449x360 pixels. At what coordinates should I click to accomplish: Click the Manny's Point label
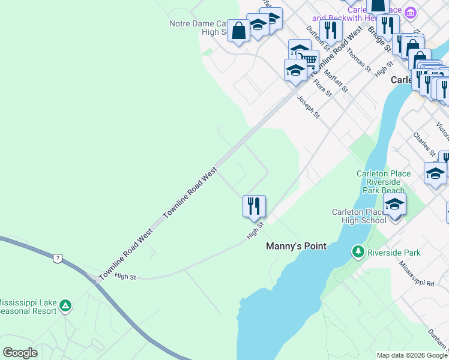(x=296, y=246)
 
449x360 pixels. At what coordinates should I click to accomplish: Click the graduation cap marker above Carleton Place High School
(x=394, y=205)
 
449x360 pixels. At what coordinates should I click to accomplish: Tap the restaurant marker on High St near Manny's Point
(x=254, y=206)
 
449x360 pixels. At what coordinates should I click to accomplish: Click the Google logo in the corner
(x=20, y=353)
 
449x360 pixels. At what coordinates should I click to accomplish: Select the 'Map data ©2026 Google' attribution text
(x=412, y=355)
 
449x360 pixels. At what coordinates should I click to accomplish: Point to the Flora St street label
(x=322, y=87)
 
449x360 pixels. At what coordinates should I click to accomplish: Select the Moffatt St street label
(x=336, y=79)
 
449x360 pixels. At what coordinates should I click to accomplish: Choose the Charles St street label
(x=421, y=145)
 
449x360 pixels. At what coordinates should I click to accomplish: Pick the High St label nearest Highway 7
(x=125, y=276)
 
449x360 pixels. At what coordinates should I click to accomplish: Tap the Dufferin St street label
(x=315, y=37)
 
